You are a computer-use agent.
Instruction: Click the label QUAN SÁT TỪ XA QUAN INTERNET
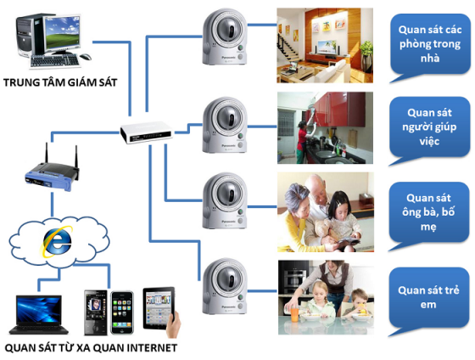[x=91, y=347]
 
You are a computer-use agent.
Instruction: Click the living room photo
[x=325, y=46]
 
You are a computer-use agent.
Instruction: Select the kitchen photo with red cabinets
[x=325, y=128]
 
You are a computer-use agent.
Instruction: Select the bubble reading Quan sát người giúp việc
[x=427, y=126]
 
